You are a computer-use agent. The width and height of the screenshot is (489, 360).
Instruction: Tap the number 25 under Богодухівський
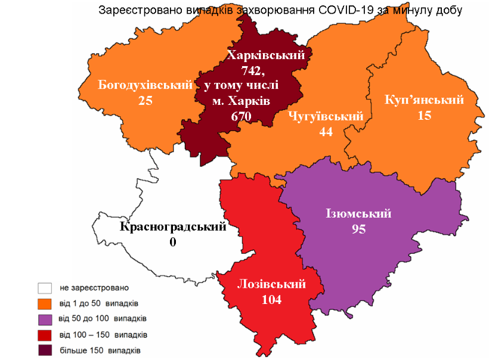(x=146, y=101)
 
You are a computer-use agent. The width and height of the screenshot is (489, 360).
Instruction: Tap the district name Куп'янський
(x=425, y=100)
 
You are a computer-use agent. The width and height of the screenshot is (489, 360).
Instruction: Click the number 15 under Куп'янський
(x=425, y=116)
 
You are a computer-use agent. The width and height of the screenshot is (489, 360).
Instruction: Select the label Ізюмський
(x=358, y=213)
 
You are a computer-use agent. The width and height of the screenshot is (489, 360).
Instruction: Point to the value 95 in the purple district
(x=358, y=229)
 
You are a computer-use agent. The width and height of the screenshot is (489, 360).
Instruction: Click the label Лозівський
(x=272, y=284)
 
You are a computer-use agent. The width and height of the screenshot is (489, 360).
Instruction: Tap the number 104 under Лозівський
(x=272, y=300)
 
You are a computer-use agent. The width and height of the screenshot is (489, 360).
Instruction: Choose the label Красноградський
(x=173, y=226)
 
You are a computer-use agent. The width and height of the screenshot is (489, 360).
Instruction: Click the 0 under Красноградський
(x=173, y=242)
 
